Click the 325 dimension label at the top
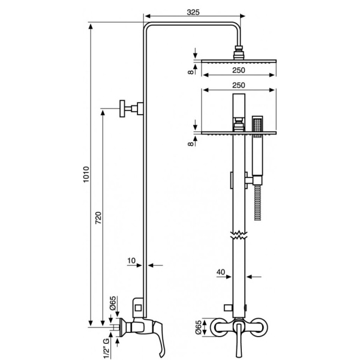[193, 12]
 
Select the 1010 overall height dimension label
[86, 175]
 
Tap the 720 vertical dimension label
[98, 218]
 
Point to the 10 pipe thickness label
[131, 260]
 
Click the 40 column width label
[221, 272]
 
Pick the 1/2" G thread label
[106, 349]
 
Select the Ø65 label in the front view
[198, 327]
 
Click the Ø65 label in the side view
[113, 303]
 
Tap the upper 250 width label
[239, 70]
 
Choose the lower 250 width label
[239, 85]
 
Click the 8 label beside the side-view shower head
[191, 72]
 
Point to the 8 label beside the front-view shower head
[191, 144]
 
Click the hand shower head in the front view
[257, 126]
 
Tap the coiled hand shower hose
[258, 203]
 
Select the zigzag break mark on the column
[239, 235]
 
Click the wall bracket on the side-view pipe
[131, 109]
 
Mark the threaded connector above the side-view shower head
[239, 53]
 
